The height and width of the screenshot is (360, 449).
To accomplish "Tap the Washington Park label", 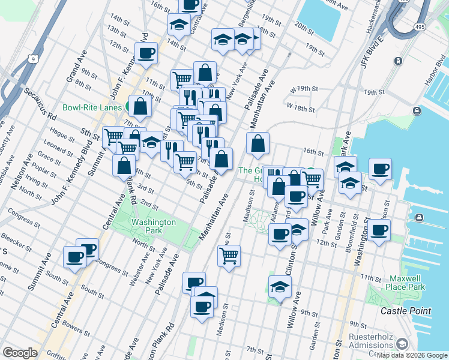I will (x=154, y=226).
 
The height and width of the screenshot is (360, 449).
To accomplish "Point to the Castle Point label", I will (x=406, y=310).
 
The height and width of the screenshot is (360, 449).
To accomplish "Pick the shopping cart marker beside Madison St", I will (x=229, y=256).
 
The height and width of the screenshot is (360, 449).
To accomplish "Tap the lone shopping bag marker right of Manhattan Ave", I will (x=258, y=144).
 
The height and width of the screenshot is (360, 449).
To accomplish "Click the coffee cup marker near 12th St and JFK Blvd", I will (x=146, y=53).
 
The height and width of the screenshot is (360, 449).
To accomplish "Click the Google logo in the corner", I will (x=20, y=353).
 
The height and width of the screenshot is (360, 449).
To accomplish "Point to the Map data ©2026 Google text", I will (x=412, y=355).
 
